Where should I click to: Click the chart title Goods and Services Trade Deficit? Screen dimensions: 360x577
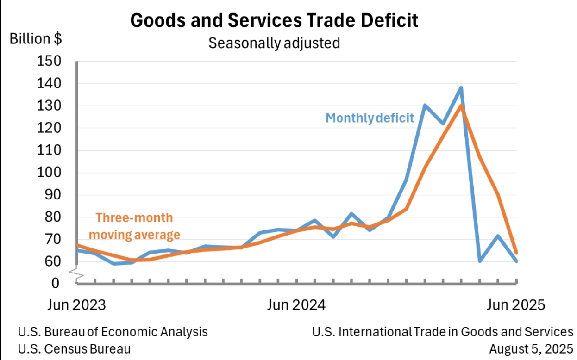274,20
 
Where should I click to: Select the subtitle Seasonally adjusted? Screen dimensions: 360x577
274,43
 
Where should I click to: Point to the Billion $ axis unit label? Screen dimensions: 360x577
36,39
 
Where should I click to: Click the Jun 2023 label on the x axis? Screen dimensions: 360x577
76,305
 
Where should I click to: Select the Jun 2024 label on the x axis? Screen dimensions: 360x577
296,305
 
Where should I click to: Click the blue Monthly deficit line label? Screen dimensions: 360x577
370,118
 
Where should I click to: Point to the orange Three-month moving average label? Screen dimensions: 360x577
134,226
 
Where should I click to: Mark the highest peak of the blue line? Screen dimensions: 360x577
461,87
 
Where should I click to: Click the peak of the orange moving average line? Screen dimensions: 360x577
461,106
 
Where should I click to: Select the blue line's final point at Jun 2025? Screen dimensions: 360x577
516,261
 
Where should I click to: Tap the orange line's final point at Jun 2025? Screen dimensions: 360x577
516,253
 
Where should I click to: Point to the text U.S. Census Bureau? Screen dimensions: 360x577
74,348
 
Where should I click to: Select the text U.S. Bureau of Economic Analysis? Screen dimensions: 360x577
113,332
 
